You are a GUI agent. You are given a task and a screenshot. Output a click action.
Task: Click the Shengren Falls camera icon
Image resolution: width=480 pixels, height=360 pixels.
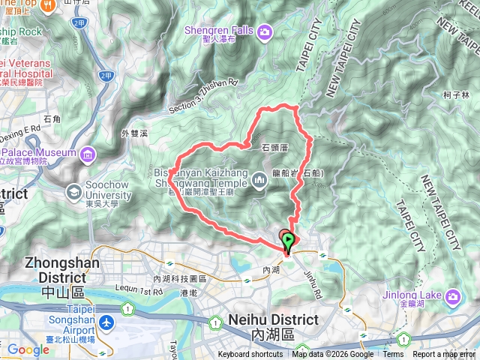265,32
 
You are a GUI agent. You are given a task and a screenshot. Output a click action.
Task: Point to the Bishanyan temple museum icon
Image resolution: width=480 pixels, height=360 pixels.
259,179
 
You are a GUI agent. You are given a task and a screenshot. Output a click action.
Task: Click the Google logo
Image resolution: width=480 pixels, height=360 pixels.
28,349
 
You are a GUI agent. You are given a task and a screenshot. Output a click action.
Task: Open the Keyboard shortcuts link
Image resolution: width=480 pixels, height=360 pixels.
250,355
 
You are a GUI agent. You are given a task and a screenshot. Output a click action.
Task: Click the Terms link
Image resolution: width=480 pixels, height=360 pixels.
393,355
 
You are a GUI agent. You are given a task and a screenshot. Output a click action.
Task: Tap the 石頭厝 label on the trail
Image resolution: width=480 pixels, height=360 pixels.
275,148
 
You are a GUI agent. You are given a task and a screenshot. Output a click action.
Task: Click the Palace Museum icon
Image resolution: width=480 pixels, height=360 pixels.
88,154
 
